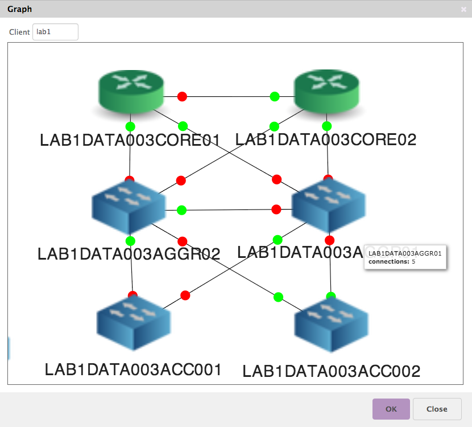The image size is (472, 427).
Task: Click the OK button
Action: point(391,409)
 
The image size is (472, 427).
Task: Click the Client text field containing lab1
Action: point(55,32)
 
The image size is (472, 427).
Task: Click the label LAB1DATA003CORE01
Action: point(130,140)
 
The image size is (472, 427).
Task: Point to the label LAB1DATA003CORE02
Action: point(326,139)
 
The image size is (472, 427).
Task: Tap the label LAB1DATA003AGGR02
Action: point(129,254)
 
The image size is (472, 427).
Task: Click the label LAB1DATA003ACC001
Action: point(133,369)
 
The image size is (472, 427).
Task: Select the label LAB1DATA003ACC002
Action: point(332,371)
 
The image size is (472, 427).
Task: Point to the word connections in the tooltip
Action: point(388,261)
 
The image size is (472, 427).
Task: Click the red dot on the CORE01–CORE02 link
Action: point(182,96)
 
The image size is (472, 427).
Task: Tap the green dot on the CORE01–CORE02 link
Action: point(275,96)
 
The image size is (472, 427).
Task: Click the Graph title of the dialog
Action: point(20,9)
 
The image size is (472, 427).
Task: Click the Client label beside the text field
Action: point(19,32)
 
